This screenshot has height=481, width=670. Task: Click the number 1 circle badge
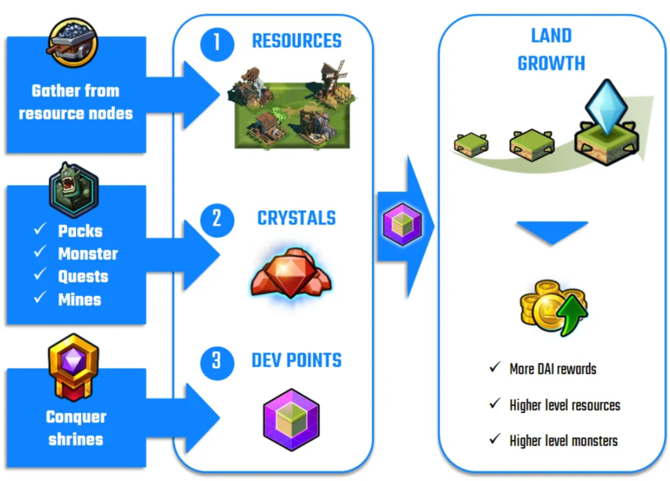coord(216,42)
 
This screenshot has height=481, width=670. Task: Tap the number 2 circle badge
coord(216,218)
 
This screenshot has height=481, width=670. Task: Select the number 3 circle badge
coord(216,360)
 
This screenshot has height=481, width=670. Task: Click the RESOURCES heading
coord(296,41)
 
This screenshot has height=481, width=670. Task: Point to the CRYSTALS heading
coord(296,218)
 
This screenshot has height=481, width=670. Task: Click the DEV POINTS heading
coord(296,360)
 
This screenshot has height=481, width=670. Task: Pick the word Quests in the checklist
coord(83,277)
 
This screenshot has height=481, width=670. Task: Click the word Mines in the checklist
coord(79,300)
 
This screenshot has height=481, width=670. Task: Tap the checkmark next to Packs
coord(40,229)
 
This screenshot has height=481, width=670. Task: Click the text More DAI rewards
coord(552,370)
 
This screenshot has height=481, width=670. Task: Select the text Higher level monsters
coord(564,440)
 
